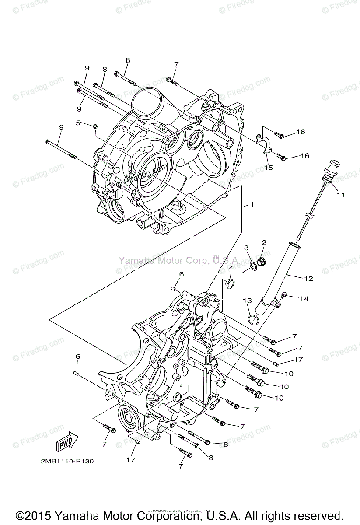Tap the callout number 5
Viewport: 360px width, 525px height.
pos(78,123)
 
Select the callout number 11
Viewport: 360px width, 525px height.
pos(340,195)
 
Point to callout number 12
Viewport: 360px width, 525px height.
pos(308,278)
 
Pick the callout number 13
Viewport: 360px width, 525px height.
pos(248,301)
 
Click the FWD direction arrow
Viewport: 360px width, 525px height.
pos(66,444)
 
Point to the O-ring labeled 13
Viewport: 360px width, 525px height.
pos(253,319)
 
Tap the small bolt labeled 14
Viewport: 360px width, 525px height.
pos(283,295)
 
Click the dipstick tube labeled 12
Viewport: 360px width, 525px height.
pos(280,276)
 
